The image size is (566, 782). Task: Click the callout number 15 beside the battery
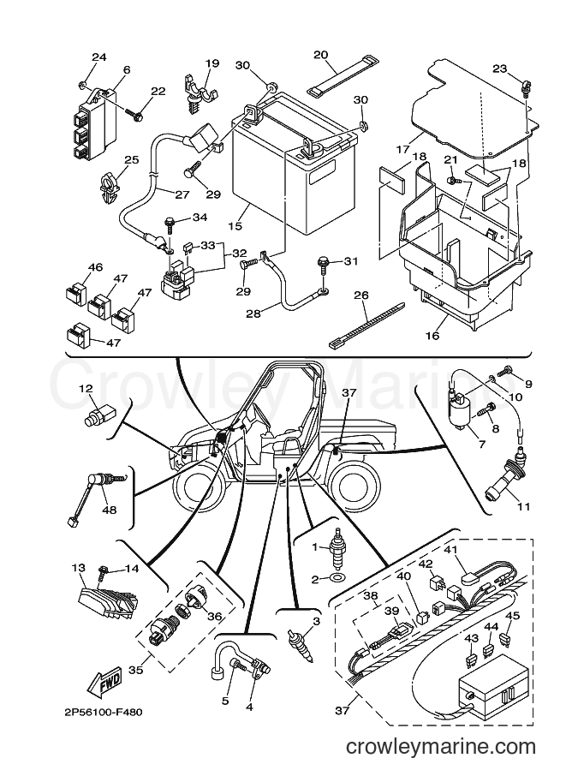click(235, 226)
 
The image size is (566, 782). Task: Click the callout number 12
click(86, 390)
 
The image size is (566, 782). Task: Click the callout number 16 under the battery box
click(432, 335)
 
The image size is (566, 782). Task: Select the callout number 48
click(109, 510)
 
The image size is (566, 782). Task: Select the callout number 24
click(99, 57)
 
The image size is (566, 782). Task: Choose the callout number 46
click(95, 267)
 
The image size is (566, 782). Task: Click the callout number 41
click(450, 551)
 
